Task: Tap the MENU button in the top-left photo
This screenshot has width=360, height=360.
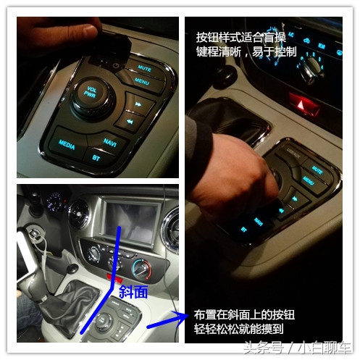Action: pyautogui.click(x=141, y=81)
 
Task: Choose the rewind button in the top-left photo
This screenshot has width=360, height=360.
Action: pyautogui.click(x=131, y=122)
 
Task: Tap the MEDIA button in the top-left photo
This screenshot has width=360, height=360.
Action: pyautogui.click(x=67, y=142)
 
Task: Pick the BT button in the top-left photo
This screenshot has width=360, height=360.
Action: pyautogui.click(x=96, y=156)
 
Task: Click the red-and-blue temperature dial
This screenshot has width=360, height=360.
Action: pyautogui.click(x=142, y=269)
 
